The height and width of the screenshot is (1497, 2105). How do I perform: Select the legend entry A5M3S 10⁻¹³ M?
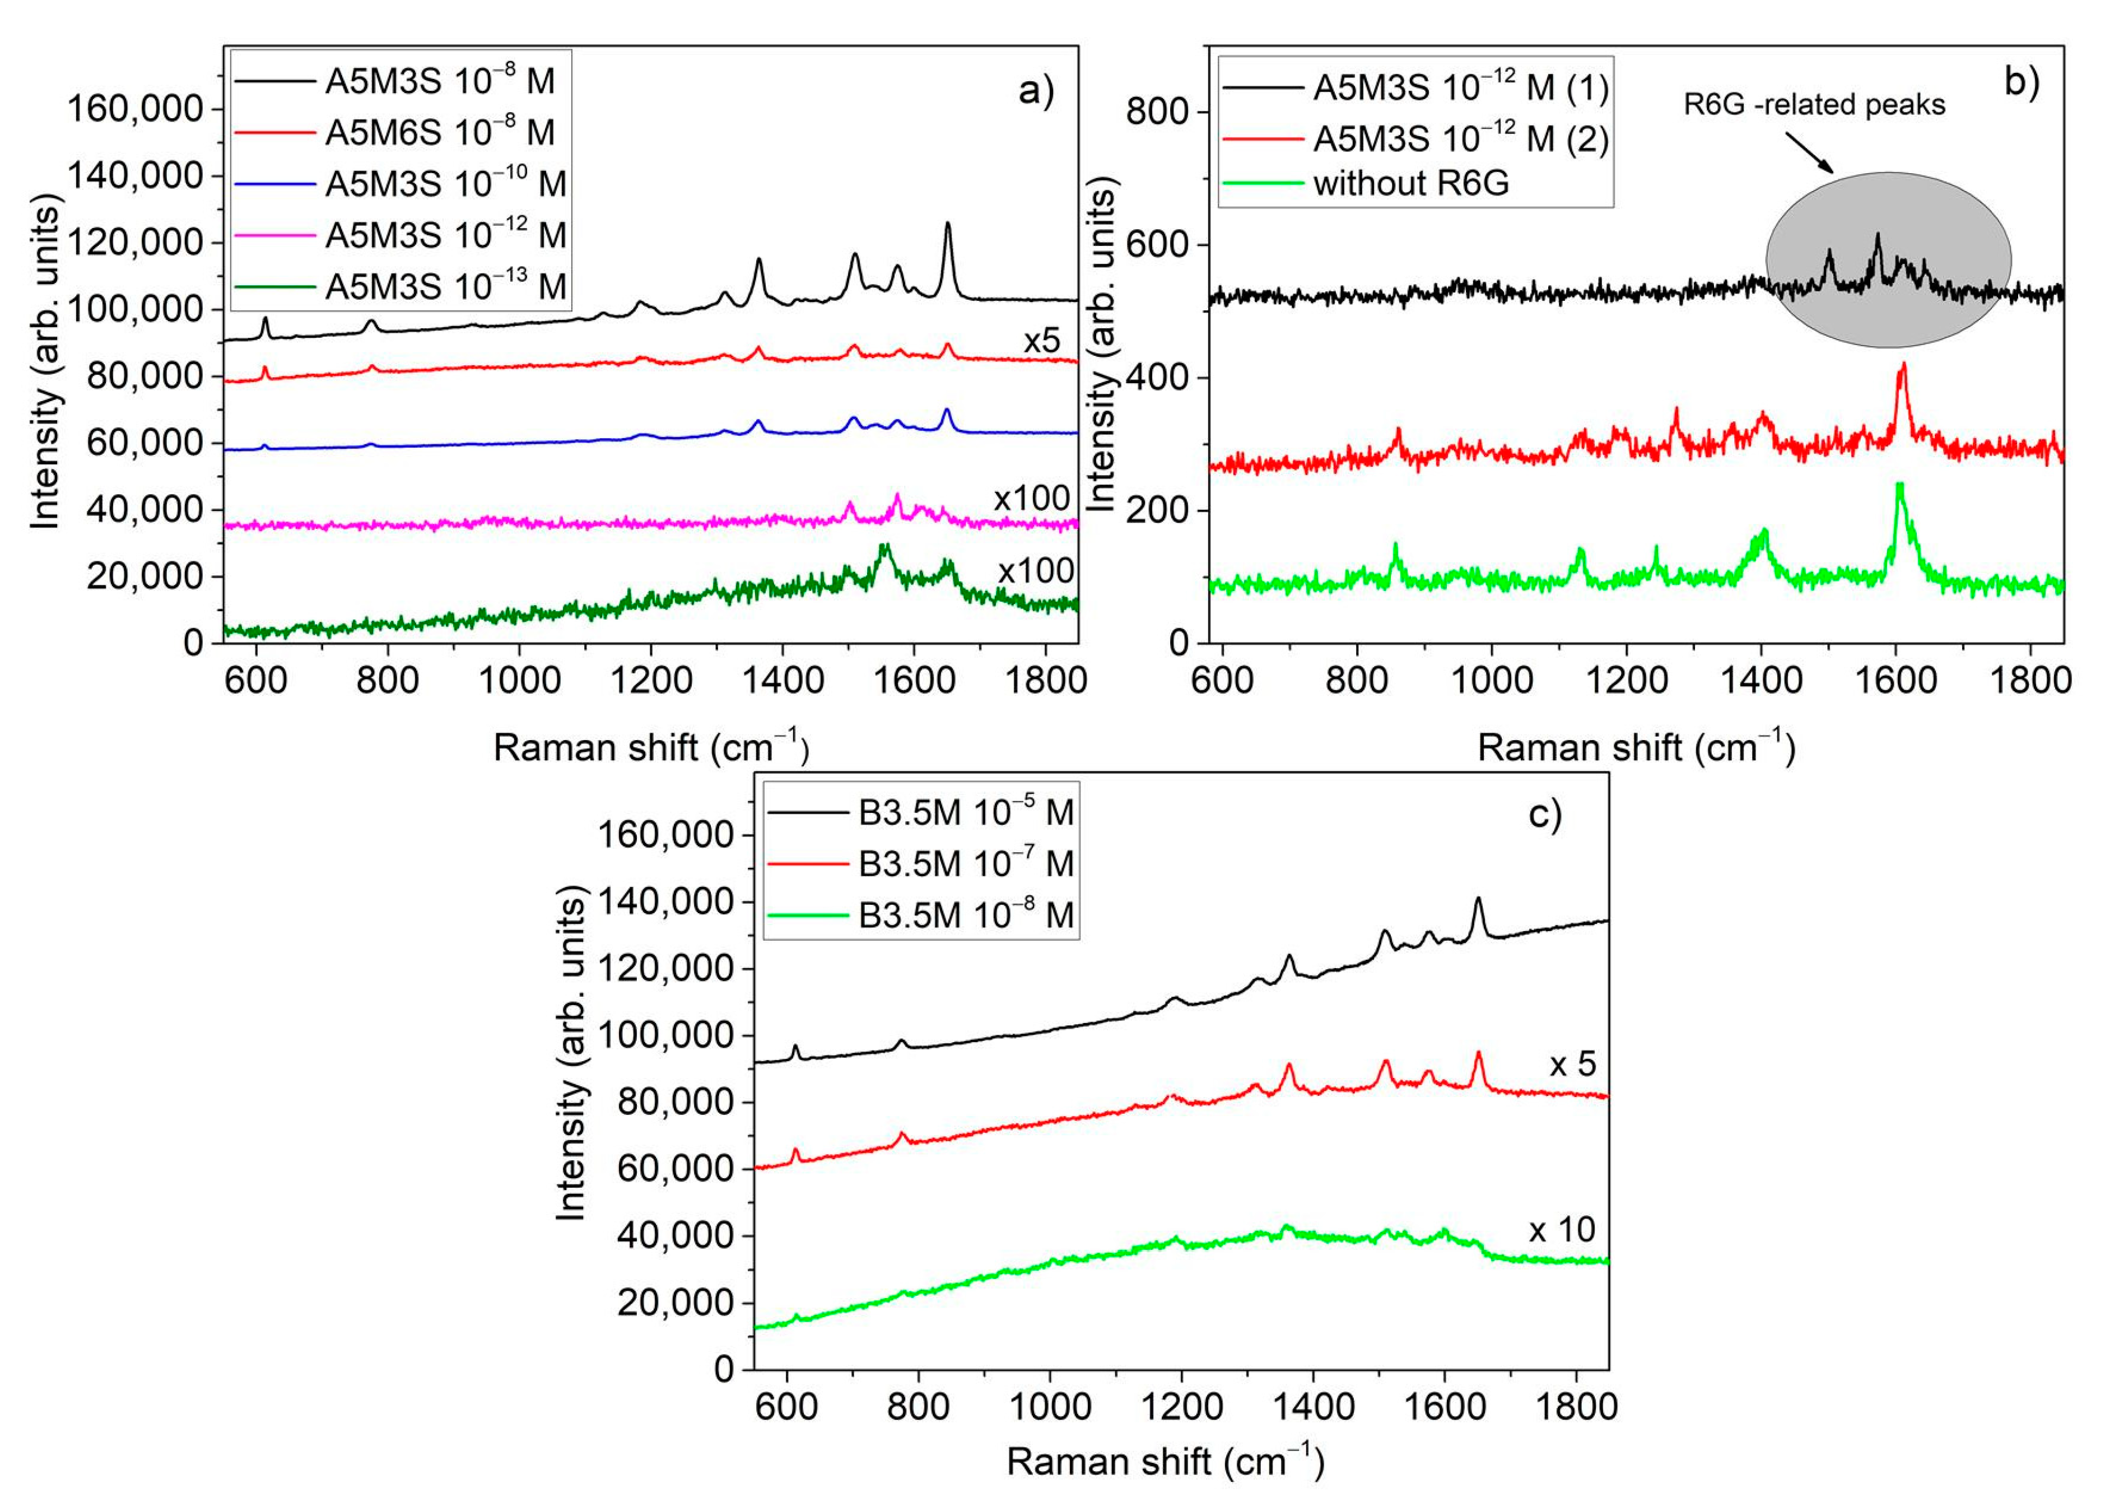point(444,287)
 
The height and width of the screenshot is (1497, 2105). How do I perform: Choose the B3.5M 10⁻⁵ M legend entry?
point(965,813)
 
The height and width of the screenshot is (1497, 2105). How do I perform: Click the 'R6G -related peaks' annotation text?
point(1814,105)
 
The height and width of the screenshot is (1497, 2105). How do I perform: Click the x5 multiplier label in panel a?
point(1041,342)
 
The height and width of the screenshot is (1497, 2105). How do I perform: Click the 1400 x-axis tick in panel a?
point(781,680)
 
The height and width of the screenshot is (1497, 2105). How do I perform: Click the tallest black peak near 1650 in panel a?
point(947,224)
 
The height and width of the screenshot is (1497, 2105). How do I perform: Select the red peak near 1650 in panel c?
point(1478,1054)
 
